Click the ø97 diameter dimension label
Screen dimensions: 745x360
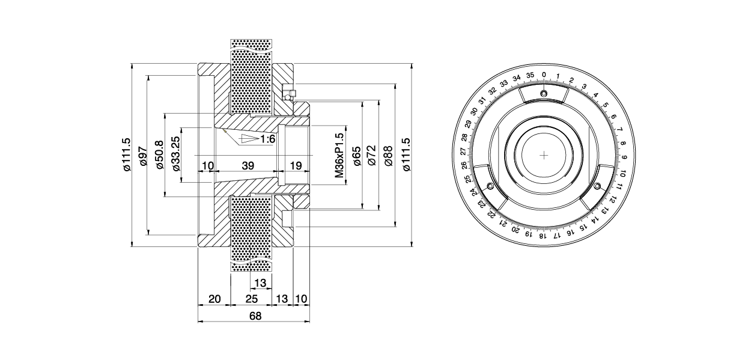click(x=144, y=156)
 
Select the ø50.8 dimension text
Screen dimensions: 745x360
click(x=160, y=154)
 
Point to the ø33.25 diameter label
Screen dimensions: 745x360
click(x=176, y=154)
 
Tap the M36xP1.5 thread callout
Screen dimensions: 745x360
click(x=339, y=156)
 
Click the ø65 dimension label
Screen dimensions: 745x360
click(x=357, y=156)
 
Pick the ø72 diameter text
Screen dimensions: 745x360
click(x=372, y=156)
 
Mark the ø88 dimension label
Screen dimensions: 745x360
click(x=388, y=156)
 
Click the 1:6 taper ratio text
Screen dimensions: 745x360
click(x=267, y=139)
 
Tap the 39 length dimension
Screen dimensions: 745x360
click(x=248, y=165)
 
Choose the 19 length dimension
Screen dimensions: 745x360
click(x=296, y=165)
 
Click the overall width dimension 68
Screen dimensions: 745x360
click(x=255, y=316)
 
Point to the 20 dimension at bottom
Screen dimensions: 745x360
click(x=214, y=299)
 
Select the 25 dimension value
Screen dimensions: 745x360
click(x=251, y=299)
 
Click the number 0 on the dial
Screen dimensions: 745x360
click(x=544, y=75)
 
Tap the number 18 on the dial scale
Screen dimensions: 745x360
click(x=542, y=236)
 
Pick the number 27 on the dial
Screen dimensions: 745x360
click(x=464, y=151)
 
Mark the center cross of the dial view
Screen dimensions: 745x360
click(x=544, y=155)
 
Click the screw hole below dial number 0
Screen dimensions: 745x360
click(x=544, y=93)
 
